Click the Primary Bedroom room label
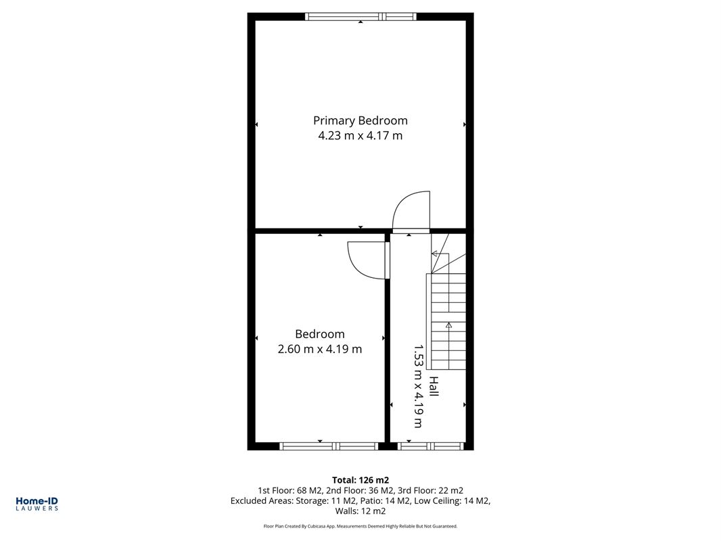click(x=360, y=120)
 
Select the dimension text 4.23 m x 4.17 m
click(x=360, y=136)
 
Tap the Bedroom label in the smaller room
click(x=319, y=334)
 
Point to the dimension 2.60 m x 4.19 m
click(x=319, y=350)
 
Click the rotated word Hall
click(x=434, y=387)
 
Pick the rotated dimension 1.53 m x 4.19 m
click(x=419, y=386)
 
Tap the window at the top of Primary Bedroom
click(x=361, y=17)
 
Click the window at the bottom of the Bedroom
click(x=329, y=446)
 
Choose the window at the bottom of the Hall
click(x=431, y=446)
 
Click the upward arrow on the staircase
click(x=448, y=325)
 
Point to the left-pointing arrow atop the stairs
click(x=434, y=254)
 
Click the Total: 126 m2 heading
click(x=360, y=480)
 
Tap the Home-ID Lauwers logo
click(x=37, y=503)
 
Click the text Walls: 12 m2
click(x=360, y=511)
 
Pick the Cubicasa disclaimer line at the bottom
click(x=360, y=526)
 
